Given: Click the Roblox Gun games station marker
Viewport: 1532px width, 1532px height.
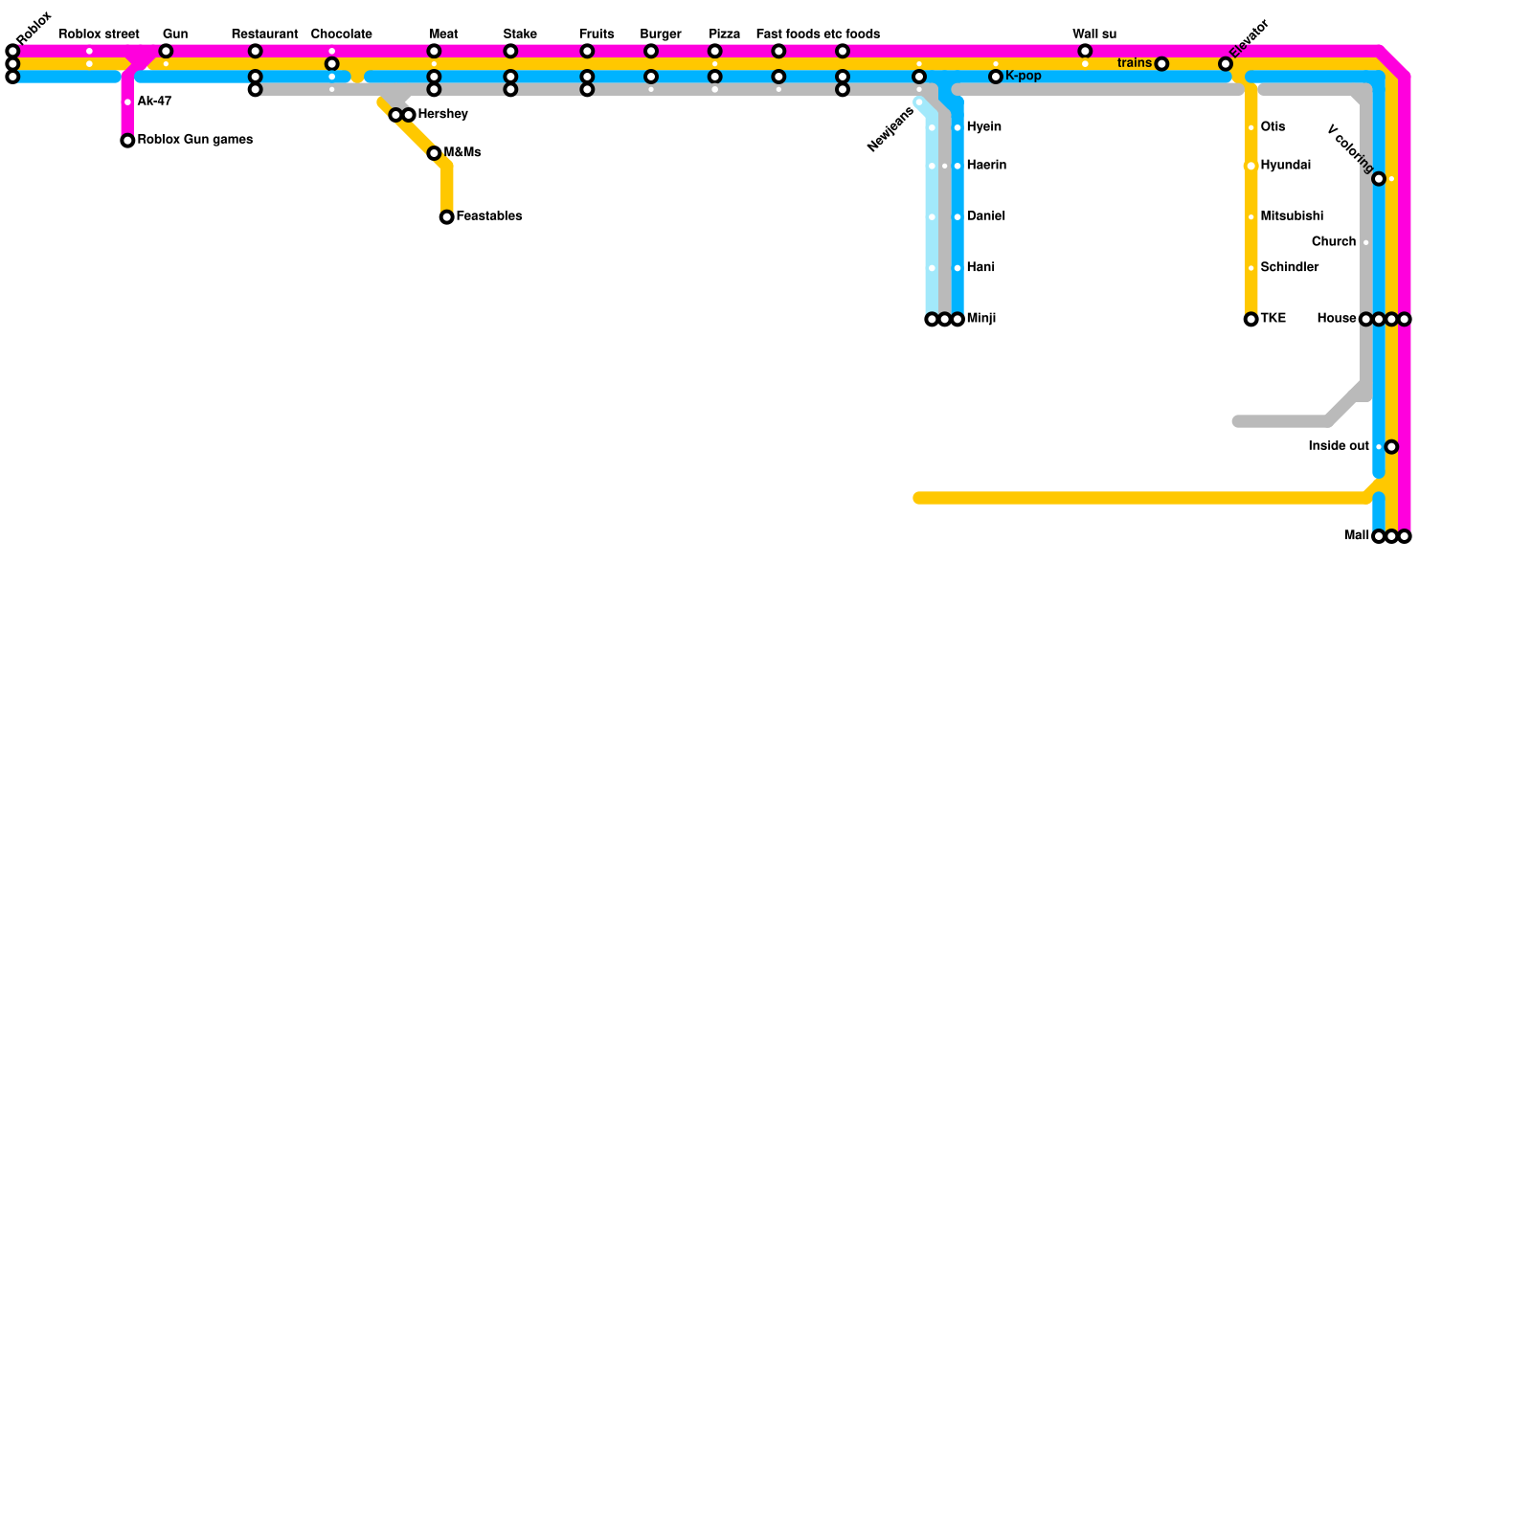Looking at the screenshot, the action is pos(127,141).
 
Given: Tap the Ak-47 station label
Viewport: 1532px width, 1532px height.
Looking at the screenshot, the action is pos(154,101).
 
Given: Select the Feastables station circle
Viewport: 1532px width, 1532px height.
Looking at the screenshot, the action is pos(447,217).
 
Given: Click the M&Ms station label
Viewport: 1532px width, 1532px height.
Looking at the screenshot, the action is pos(462,153).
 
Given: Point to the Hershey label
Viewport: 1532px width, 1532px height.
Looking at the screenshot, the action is pos(443,115).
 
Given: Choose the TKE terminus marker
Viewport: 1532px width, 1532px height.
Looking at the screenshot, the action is pos(1251,319).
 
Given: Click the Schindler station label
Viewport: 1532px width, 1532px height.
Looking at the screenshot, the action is pos(1290,268).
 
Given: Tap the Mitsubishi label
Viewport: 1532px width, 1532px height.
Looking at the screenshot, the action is pos(1292,216).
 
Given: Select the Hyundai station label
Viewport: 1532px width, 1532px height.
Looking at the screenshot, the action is pos(1285,166).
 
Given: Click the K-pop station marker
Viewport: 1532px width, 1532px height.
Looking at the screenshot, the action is pos(996,77).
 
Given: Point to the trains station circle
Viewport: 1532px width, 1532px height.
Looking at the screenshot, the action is pos(1161,64).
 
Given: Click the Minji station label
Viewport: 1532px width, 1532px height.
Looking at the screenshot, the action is pos(981,319).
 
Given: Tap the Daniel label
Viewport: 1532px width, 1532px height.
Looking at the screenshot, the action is pos(986,216).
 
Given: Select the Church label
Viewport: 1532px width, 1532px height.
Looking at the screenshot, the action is pos(1334,242).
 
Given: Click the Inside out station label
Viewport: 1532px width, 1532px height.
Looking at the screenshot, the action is pos(1339,446).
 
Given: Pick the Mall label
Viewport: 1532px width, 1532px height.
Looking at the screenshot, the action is pos(1357,536).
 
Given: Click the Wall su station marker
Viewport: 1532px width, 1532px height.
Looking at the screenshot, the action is pos(1085,51).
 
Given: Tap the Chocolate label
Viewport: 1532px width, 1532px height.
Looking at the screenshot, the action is pos(342,34).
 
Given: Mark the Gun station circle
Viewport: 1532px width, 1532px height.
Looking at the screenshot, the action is pos(166,51).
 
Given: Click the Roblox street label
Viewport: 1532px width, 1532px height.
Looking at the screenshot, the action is pos(100,34).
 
